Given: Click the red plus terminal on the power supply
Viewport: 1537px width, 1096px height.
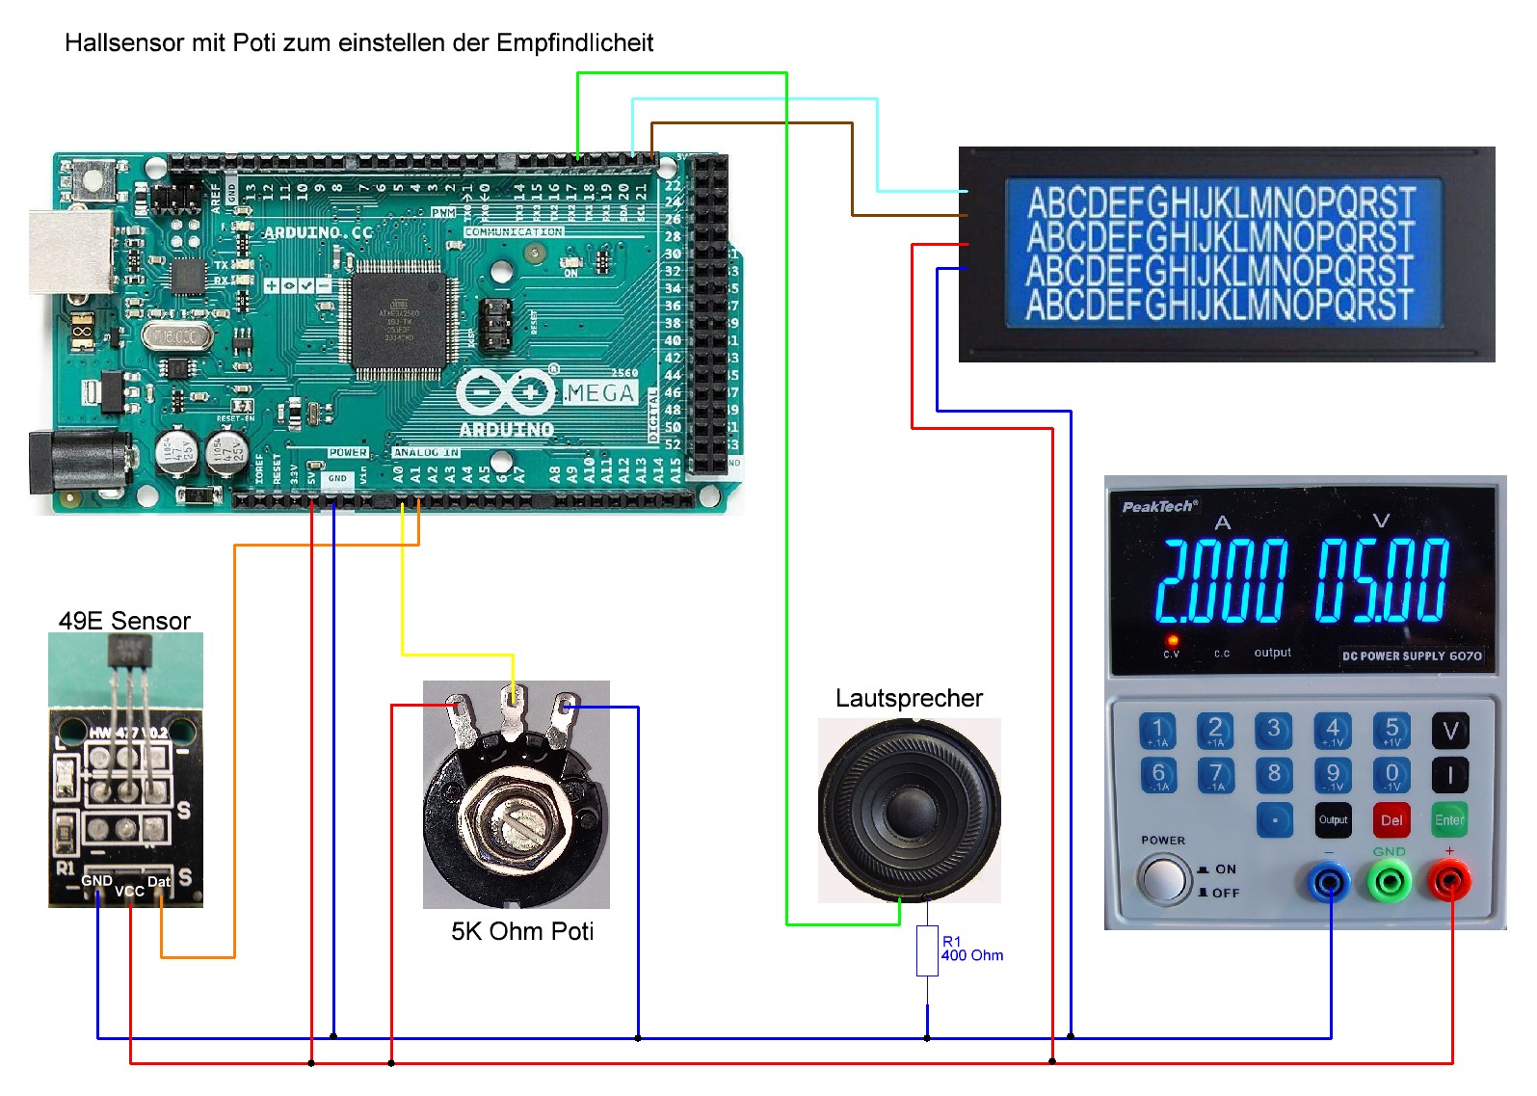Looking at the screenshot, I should (1448, 881).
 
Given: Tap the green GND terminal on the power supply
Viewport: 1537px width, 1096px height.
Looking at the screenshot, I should (1390, 881).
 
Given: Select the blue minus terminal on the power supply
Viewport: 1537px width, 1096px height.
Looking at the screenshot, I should (1330, 881).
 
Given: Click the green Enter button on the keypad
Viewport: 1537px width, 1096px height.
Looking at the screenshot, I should (1448, 820).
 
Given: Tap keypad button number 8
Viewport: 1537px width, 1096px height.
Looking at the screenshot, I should (1274, 774).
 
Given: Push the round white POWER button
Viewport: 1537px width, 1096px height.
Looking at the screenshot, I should (1163, 879).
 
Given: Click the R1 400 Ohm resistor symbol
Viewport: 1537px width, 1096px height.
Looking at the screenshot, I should (927, 950).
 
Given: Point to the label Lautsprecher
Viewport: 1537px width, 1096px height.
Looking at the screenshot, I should (909, 698).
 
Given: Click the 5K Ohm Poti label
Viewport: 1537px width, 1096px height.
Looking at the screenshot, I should (522, 931).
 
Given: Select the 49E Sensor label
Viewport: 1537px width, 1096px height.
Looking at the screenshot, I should (124, 621).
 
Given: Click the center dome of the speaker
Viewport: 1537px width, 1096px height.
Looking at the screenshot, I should (909, 808).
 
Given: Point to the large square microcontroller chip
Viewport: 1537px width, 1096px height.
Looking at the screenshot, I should (399, 324).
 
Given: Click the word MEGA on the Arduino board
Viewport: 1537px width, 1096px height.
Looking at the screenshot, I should (600, 393).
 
